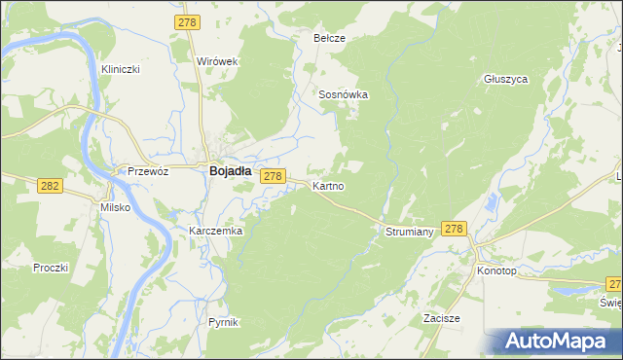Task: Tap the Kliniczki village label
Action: [x=122, y=70]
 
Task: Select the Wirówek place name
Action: [x=218, y=60]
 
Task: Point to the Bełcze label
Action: [x=329, y=38]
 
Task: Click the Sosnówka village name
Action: [x=343, y=94]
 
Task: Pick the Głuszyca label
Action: [x=505, y=80]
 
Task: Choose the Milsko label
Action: [x=115, y=207]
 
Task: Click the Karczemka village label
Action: [x=215, y=232]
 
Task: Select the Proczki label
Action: [x=50, y=268]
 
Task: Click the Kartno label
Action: [x=327, y=185]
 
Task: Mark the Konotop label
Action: [x=496, y=270]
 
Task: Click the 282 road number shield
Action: [x=49, y=185]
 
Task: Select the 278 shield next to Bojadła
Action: [x=274, y=176]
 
